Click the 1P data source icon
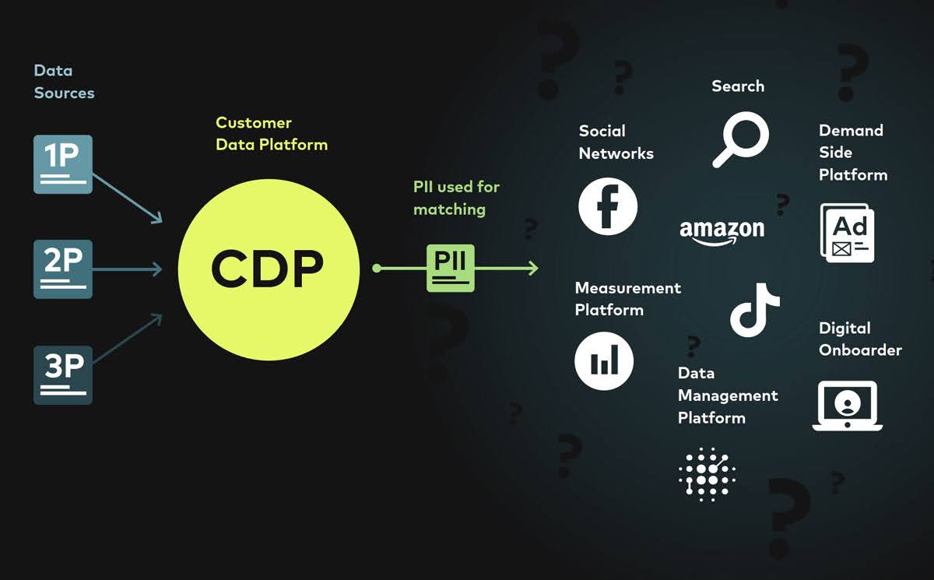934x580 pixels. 63,164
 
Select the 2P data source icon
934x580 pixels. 63,269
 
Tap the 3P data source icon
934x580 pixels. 63,374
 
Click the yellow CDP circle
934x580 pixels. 269,269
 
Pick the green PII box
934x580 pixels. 450,268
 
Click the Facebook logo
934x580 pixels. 608,207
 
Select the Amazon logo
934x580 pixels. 722,231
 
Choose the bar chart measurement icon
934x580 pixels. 604,361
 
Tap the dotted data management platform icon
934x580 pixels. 707,474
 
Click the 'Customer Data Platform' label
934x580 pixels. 272,134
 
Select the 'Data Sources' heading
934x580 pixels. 64,82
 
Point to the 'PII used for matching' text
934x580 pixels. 456,198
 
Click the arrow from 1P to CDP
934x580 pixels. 127,194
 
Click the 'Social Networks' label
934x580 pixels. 616,142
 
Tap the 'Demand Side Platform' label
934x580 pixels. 853,153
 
